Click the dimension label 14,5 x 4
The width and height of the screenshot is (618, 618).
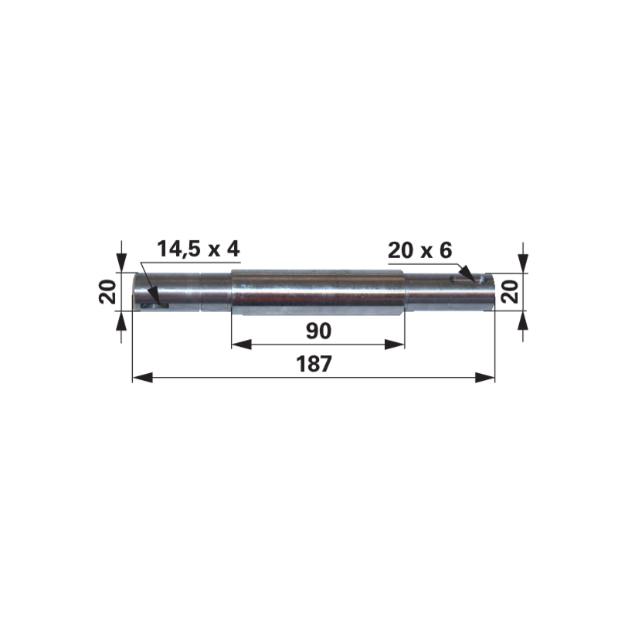[199, 249]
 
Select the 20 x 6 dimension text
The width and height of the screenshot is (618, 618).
[420, 250]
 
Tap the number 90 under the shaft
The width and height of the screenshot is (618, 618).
[318, 331]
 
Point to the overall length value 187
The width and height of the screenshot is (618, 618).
[314, 364]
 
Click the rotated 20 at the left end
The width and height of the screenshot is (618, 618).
[107, 292]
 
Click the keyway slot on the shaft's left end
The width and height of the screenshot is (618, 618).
[156, 306]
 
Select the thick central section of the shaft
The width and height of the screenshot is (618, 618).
[318, 293]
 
